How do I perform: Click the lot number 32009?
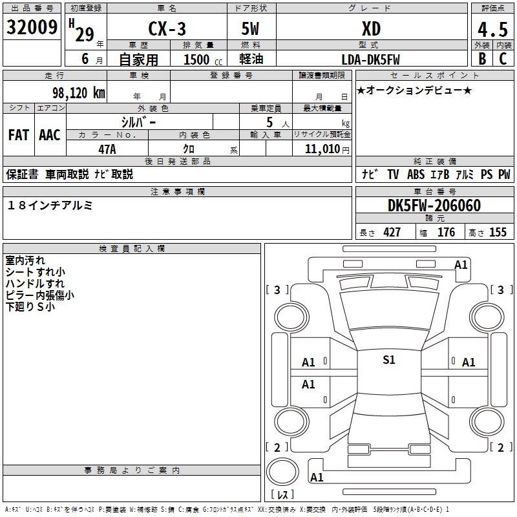tap(32, 26)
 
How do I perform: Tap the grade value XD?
tap(371, 29)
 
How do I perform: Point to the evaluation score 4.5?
tap(492, 29)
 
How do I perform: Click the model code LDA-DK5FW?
tap(370, 59)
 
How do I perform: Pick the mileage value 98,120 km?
tap(78, 92)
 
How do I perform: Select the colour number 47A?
tap(107, 149)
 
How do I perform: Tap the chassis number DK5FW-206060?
tap(434, 206)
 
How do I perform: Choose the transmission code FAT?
tap(18, 135)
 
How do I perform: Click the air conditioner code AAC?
tap(50, 135)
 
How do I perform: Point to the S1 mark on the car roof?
tap(388, 360)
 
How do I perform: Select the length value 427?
tap(392, 233)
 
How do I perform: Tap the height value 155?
tap(498, 233)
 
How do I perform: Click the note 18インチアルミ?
tap(50, 206)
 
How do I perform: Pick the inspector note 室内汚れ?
tap(25, 260)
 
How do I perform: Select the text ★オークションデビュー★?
tap(414, 90)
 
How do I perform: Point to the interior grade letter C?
tap(502, 59)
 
